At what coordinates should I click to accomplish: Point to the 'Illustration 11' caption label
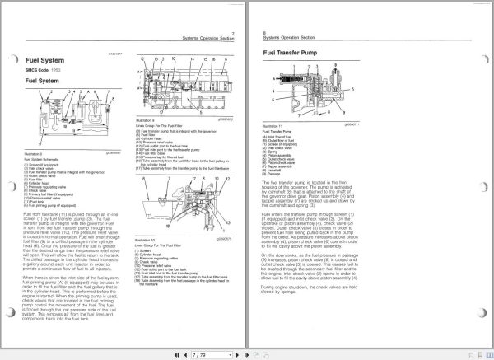pyautogui.click(x=273, y=124)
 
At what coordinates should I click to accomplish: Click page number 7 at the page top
pyautogui.click(x=233, y=32)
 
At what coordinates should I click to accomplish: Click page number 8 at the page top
pyautogui.click(x=263, y=32)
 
